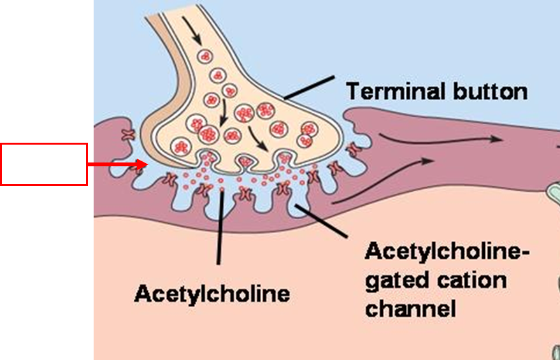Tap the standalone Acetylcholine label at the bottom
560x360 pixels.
click(x=212, y=294)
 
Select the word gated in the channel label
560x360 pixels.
click(x=396, y=280)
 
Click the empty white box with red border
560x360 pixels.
click(x=43, y=164)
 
